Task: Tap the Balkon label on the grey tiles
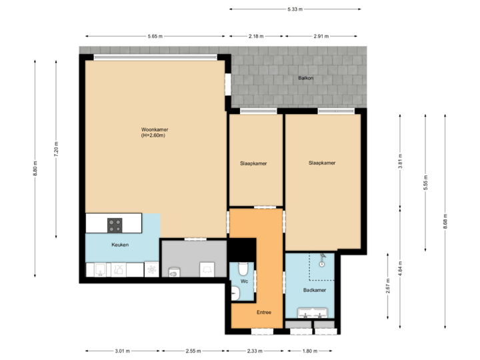click(x=305, y=78)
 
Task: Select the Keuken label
click(x=120, y=245)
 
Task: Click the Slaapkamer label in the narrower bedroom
click(x=253, y=163)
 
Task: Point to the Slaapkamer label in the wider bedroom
click(x=321, y=162)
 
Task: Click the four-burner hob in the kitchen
click(x=115, y=225)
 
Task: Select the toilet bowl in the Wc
click(x=243, y=269)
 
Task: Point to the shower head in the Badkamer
click(x=323, y=257)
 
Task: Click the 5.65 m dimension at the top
click(x=155, y=36)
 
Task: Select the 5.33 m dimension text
click(x=295, y=9)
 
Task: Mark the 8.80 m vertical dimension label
click(x=35, y=169)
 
